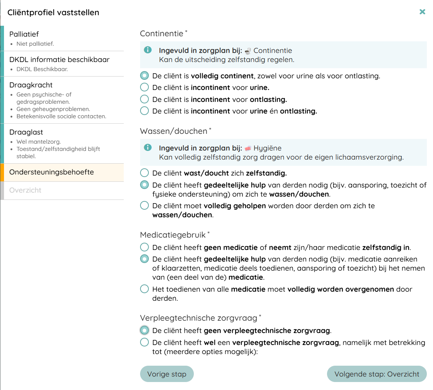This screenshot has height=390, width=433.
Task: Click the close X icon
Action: [x=422, y=12]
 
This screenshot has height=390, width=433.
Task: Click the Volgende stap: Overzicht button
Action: [x=376, y=374]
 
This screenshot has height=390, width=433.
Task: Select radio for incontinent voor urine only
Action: [x=144, y=87]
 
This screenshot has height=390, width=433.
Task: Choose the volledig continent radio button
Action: [x=144, y=76]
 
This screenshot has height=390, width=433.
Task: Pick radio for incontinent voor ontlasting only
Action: [x=144, y=99]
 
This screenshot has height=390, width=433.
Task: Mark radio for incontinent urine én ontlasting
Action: [x=144, y=111]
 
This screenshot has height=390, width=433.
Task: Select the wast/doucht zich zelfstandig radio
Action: [x=144, y=173]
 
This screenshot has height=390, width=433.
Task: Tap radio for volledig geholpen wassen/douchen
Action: [x=144, y=206]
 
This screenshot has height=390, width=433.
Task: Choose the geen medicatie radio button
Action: [x=144, y=247]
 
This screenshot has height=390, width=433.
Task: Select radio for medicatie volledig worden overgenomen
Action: [x=144, y=289]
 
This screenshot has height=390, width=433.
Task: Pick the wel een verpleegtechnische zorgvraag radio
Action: [x=144, y=342]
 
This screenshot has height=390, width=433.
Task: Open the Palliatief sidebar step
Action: [x=24, y=34]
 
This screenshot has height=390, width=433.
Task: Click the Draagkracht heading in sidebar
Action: [x=31, y=85]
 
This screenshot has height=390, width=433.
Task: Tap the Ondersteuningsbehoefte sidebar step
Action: [x=52, y=172]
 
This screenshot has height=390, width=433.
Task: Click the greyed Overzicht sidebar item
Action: [x=25, y=190]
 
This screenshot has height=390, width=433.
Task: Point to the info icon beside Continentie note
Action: [x=148, y=50]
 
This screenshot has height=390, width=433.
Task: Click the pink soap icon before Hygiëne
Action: [x=248, y=148]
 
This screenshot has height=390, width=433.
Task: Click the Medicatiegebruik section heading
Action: [x=173, y=235]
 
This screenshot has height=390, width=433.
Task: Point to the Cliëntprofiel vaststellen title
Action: [x=53, y=12]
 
